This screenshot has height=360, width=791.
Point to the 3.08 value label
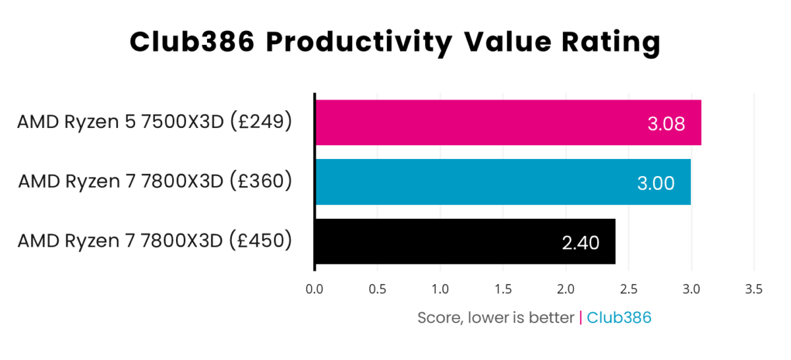click(666, 123)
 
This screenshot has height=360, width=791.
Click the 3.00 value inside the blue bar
click(656, 183)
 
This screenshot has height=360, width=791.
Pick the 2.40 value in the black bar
click(580, 243)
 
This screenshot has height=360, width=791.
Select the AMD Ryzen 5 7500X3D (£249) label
click(154, 123)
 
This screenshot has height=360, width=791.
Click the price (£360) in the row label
click(260, 181)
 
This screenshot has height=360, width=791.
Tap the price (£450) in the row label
click(260, 241)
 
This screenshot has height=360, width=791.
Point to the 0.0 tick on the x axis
click(314, 289)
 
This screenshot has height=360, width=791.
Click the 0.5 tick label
click(377, 289)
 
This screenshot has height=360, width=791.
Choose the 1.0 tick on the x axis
click(440, 289)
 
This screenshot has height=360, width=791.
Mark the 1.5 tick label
click(502, 289)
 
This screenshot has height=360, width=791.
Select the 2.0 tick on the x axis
click(566, 289)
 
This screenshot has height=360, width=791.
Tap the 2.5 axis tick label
click(628, 289)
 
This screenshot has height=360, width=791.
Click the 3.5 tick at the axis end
click(753, 289)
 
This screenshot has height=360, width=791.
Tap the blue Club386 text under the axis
click(619, 318)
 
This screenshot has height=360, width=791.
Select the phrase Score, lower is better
click(496, 318)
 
